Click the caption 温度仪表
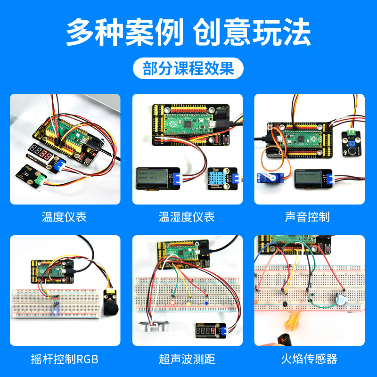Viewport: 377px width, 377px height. pos(64,217)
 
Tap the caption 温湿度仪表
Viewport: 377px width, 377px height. pos(187,217)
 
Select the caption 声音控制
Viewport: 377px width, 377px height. pos(309,217)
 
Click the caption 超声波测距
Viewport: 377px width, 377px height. pos(187,359)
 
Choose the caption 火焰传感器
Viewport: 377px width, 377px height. pos(309,359)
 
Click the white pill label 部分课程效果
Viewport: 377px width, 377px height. pos(188,69)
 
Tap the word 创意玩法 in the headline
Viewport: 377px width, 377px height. pos(252,32)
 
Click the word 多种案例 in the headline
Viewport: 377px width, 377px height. pos(124,32)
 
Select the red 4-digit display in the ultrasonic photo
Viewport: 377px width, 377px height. pos(207,331)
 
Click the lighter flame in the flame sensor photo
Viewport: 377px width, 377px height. pos(291,323)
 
